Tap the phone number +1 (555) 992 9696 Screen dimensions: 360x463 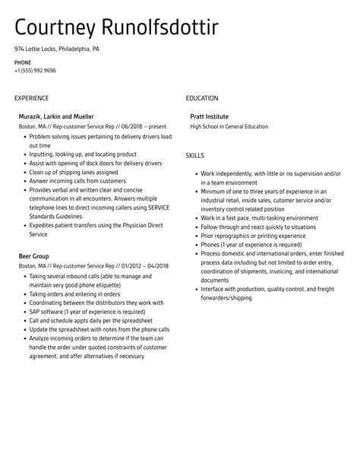click(x=35, y=70)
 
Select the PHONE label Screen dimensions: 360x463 click(x=23, y=62)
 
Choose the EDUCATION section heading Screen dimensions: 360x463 click(x=202, y=98)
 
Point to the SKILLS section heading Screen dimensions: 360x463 click(x=196, y=156)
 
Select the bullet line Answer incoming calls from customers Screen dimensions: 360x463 click(x=77, y=181)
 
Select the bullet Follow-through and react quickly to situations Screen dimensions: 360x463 click(x=258, y=227)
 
